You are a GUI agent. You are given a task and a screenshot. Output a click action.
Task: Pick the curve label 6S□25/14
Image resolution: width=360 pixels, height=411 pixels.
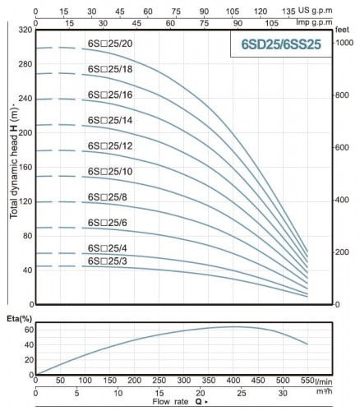click(109, 120)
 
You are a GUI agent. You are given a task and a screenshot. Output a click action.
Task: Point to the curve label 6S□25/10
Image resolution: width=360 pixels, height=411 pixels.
click(109, 171)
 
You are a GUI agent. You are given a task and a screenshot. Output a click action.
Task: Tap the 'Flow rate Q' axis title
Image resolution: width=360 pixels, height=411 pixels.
click(176, 404)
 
